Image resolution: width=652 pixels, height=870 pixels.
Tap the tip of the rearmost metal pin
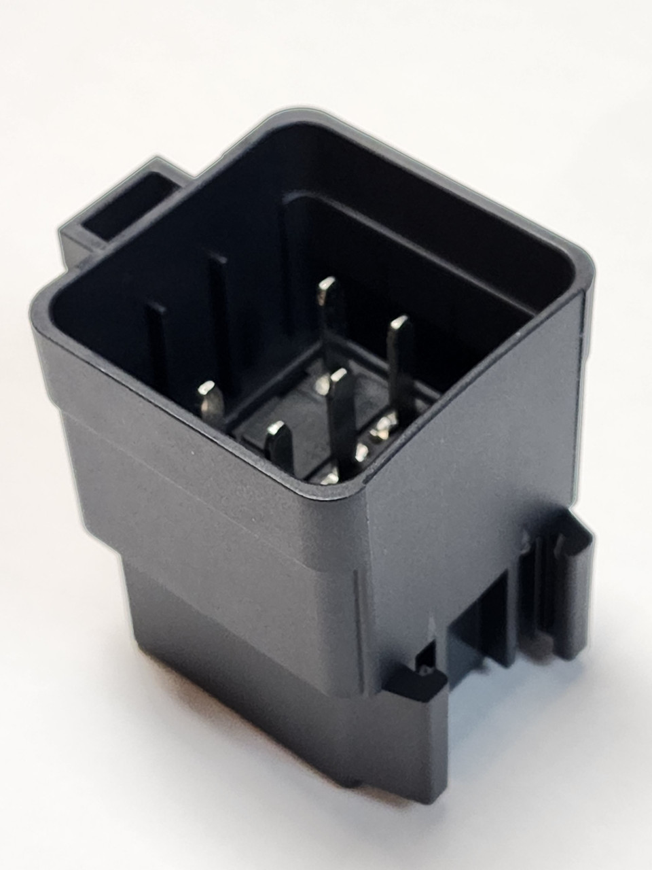(329, 284)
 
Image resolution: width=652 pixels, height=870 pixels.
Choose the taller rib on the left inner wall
(217, 306)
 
